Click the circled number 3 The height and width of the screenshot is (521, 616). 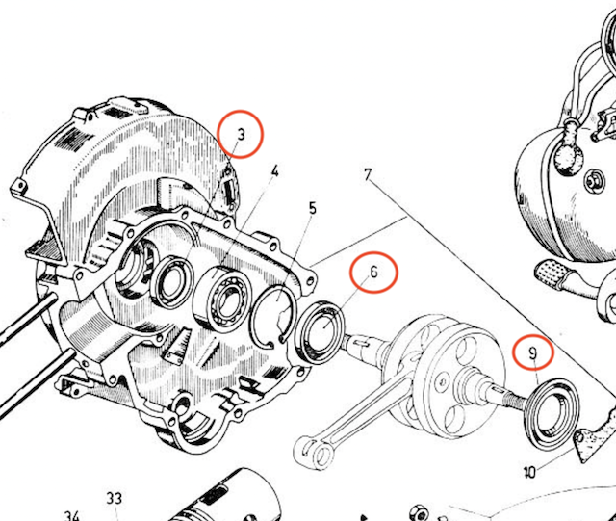[x=241, y=136]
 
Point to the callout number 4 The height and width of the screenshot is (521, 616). [x=274, y=173]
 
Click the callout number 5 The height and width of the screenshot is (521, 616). [x=313, y=208]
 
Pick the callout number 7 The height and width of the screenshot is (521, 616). [x=368, y=175]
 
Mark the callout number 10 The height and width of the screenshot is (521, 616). [x=529, y=473]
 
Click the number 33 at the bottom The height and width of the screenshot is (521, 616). [x=115, y=498]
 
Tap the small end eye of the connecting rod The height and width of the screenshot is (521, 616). [x=312, y=448]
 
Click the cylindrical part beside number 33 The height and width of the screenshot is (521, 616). [x=231, y=496]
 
